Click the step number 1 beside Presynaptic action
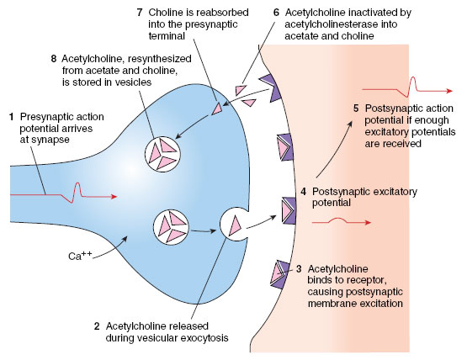pos(12,117)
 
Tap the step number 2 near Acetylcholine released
pos(97,326)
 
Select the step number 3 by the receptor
pos(299,269)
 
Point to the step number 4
pos(303,192)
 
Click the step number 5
pos(356,109)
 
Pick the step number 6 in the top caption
pos(276,13)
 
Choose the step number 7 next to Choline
pos(140,13)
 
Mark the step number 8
pos(53,59)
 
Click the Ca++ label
pos(80,256)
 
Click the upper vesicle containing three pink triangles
pos(162,154)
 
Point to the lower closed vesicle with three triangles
pos(171,226)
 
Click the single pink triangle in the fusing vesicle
pos(235,226)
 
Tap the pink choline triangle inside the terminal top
pos(217,109)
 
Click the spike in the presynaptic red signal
pos(77,192)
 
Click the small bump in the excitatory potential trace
pos(337,220)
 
